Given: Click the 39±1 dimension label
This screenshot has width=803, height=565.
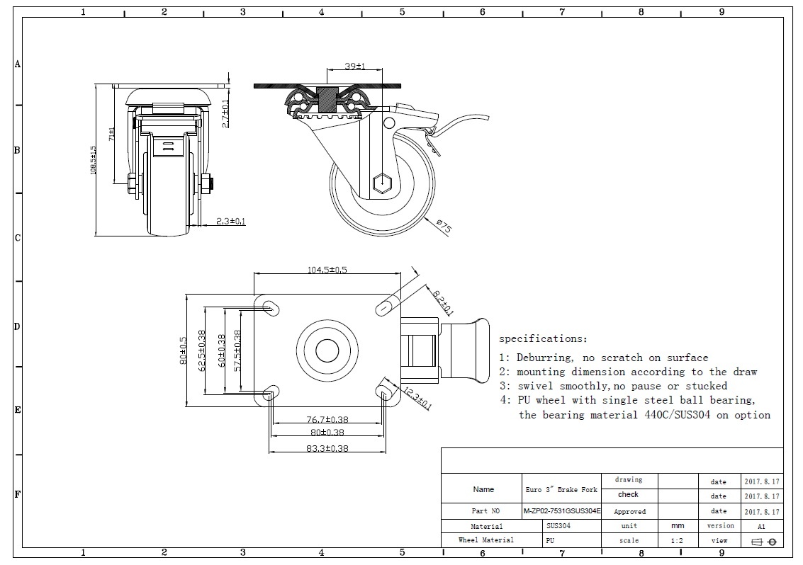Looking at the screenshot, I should click(x=354, y=66).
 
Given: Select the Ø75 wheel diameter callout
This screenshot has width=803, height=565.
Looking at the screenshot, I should click(x=444, y=227).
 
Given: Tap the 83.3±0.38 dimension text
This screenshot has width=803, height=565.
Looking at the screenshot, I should click(x=327, y=447).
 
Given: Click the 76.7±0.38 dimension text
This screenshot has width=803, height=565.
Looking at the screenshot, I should click(x=327, y=420).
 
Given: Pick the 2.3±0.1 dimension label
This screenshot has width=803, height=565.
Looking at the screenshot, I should click(x=230, y=221).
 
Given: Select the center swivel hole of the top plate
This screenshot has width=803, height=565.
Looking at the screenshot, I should click(x=327, y=351).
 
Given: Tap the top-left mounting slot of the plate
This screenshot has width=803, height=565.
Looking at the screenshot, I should click(x=270, y=307).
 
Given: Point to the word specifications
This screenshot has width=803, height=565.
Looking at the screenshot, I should click(x=543, y=339).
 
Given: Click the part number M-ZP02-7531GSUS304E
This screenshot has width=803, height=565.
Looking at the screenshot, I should click(x=561, y=511).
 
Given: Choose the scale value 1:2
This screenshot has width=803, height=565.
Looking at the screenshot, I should click(x=677, y=541).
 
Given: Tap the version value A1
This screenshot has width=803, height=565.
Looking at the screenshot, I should click(x=761, y=526).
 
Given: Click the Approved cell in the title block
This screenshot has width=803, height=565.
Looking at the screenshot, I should click(x=629, y=511).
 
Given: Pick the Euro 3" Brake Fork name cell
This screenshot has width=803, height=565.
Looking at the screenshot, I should click(x=561, y=489).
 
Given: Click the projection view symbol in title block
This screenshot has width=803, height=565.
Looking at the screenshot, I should click(x=763, y=542).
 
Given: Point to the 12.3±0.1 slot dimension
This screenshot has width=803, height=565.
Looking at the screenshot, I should click(x=417, y=399).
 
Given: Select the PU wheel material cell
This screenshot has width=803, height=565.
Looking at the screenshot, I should click(x=550, y=540).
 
